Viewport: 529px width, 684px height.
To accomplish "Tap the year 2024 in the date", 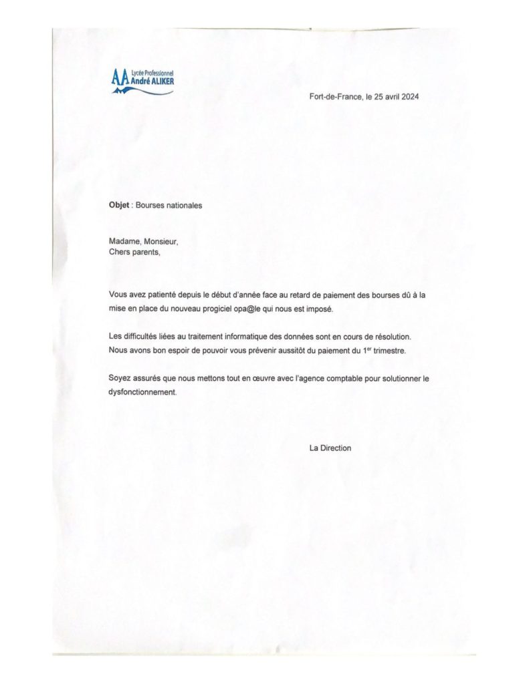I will click(409, 96).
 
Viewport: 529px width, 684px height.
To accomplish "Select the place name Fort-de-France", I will click(332, 96).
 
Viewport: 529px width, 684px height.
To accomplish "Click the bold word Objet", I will click(119, 206).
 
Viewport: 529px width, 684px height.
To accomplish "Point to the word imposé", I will click(326, 310).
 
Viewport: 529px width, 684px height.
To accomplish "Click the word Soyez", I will click(120, 378).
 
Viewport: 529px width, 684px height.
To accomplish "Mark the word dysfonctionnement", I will click(142, 393).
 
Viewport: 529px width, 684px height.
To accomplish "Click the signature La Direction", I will click(330, 448).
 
